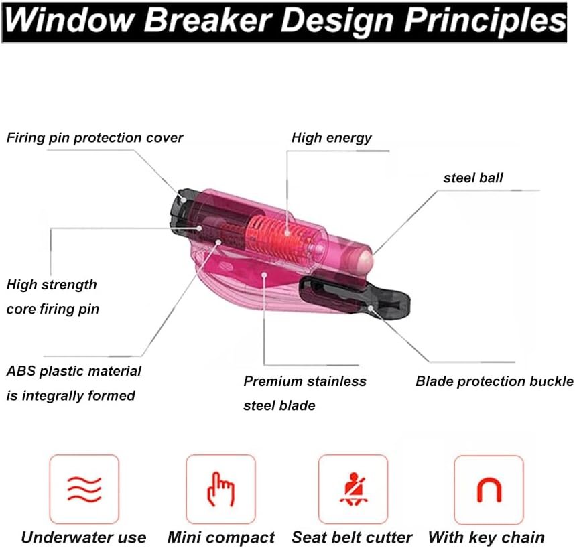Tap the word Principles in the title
coord(485,21)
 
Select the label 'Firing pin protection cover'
coord(94,138)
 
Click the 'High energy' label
coord(332,138)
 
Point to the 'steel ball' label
coord(473,178)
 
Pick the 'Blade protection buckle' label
coord(495,381)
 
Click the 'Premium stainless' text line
coord(305,381)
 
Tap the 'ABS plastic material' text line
coord(74,371)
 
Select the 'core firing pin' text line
coord(53,309)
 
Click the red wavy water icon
coord(84,489)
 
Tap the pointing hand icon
coord(220,489)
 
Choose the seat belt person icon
coord(353,489)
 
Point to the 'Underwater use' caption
coord(84,537)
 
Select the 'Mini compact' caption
coord(220,538)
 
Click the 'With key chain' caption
coord(487,537)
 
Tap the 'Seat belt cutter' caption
coord(352,537)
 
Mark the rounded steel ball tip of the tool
coord(364,260)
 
